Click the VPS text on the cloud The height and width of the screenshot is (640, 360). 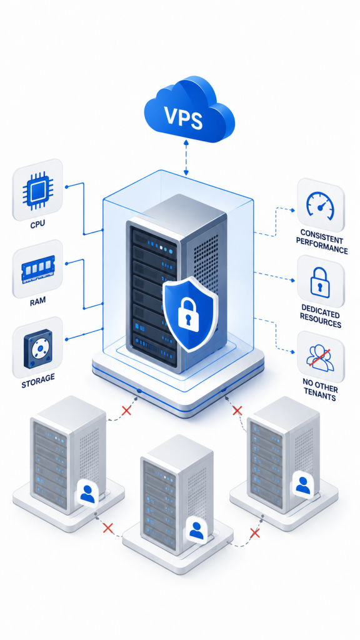tap(184, 117)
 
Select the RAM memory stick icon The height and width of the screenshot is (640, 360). tap(37, 269)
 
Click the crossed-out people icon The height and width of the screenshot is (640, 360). tap(319, 358)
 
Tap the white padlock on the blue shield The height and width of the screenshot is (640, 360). tap(187, 312)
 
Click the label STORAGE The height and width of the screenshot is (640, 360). tap(38, 379)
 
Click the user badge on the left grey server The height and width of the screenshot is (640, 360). tap(87, 493)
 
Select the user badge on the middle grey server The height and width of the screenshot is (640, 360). tap(196, 529)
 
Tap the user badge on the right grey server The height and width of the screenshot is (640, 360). tap(302, 484)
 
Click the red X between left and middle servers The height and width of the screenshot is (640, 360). tap(107, 529)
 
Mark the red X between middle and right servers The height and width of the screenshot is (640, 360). tap(254, 532)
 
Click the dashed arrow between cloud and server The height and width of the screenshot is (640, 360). tap(186, 158)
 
